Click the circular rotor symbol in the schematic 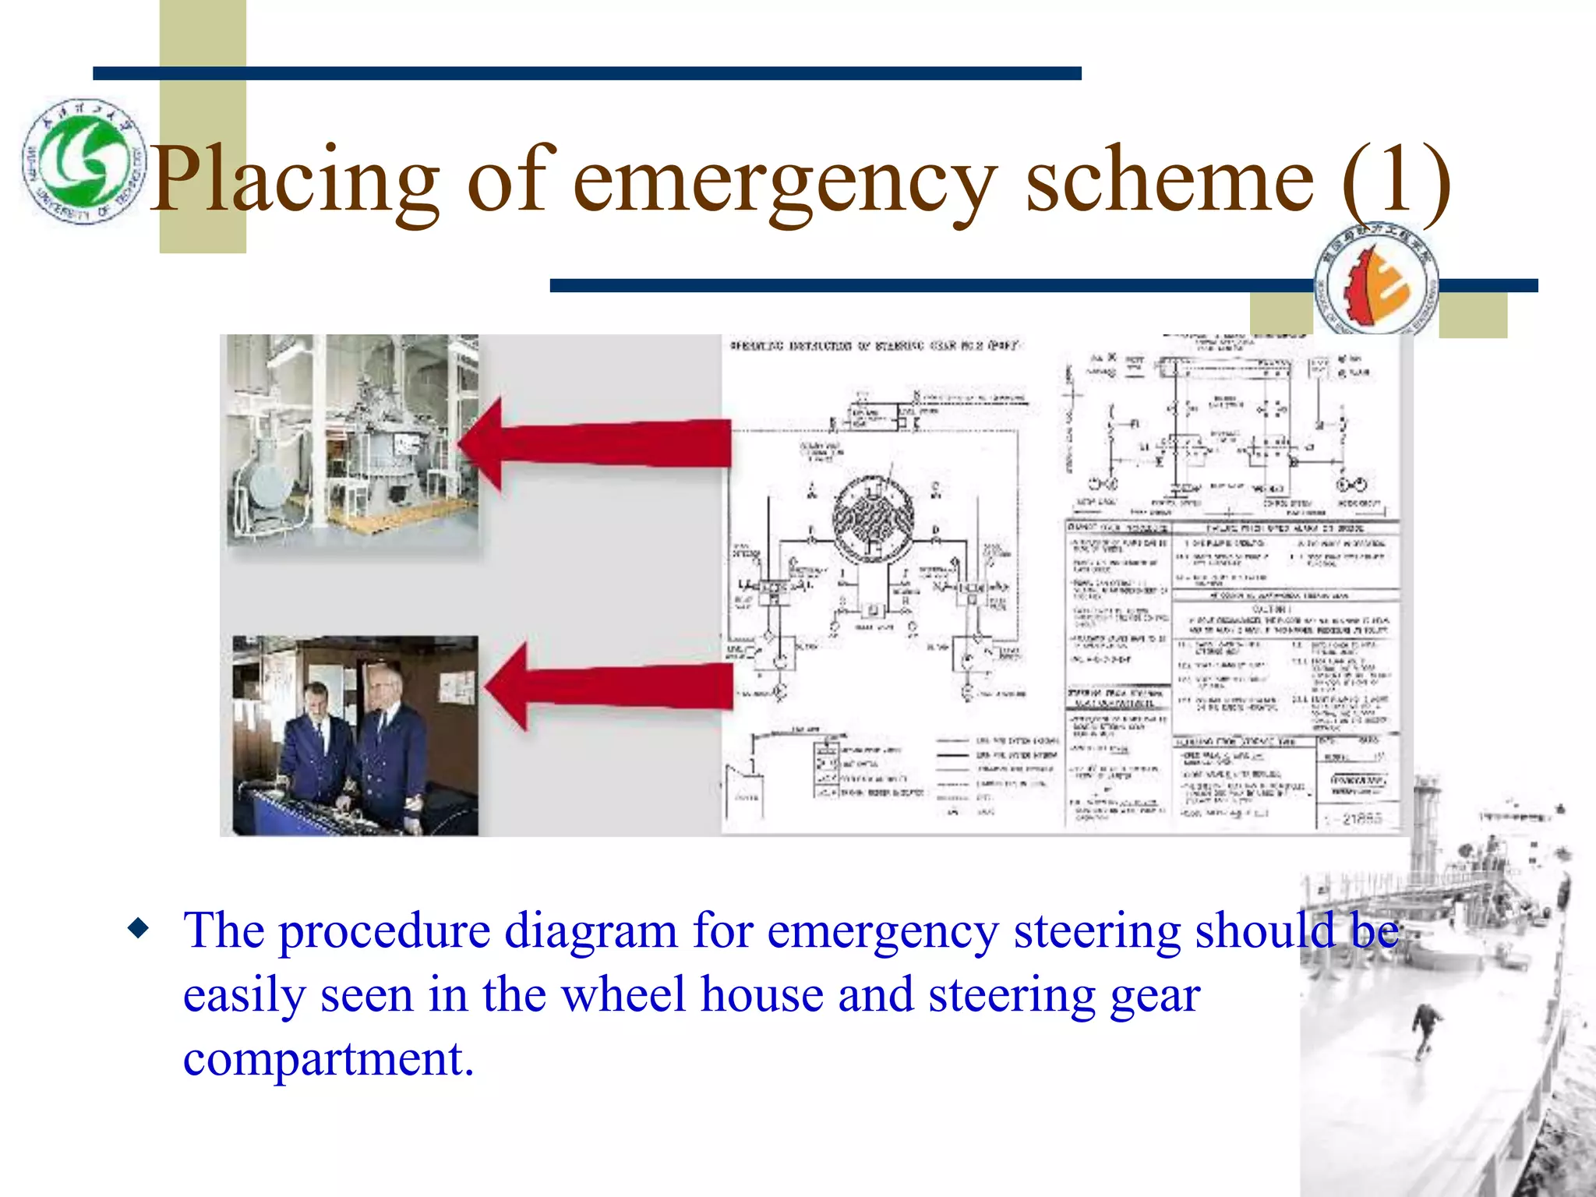[873, 518]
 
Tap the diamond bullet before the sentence [139, 929]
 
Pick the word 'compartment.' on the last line [328, 1060]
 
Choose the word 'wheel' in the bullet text [623, 995]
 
